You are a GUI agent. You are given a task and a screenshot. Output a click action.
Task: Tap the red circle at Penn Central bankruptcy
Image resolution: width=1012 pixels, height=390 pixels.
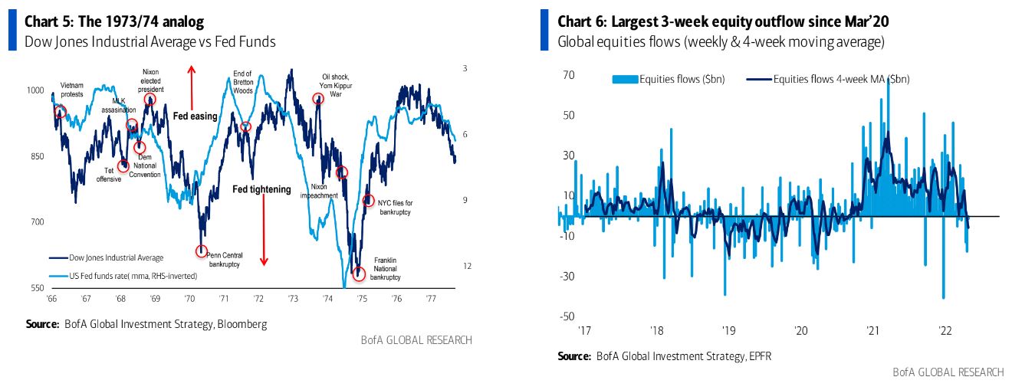pos(202,251)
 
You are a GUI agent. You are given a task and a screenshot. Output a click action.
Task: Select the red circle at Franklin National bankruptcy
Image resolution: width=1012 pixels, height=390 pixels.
pos(358,273)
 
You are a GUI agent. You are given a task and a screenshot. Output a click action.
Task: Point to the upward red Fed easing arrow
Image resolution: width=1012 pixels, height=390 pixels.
pos(192,85)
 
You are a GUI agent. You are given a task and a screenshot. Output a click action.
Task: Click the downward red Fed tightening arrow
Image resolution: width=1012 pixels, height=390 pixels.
pos(264,230)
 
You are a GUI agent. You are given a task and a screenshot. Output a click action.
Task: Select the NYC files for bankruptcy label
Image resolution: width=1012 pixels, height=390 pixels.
pos(396,207)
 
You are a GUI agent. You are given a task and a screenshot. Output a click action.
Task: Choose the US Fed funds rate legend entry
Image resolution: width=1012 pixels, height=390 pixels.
pos(123,275)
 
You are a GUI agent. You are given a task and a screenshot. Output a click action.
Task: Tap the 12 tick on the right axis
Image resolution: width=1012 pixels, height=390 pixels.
pos(465,266)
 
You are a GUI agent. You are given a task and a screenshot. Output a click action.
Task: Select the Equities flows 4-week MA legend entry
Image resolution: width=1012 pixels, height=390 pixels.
pos(840,78)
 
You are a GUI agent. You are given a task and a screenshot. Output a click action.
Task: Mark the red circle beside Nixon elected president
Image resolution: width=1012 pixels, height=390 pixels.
pos(149,99)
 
